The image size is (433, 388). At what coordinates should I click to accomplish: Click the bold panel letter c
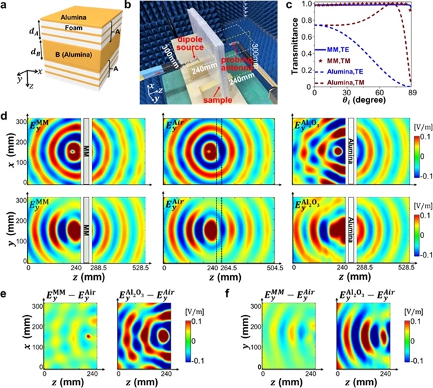[292, 5]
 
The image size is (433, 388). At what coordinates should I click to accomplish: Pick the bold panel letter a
[7, 6]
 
